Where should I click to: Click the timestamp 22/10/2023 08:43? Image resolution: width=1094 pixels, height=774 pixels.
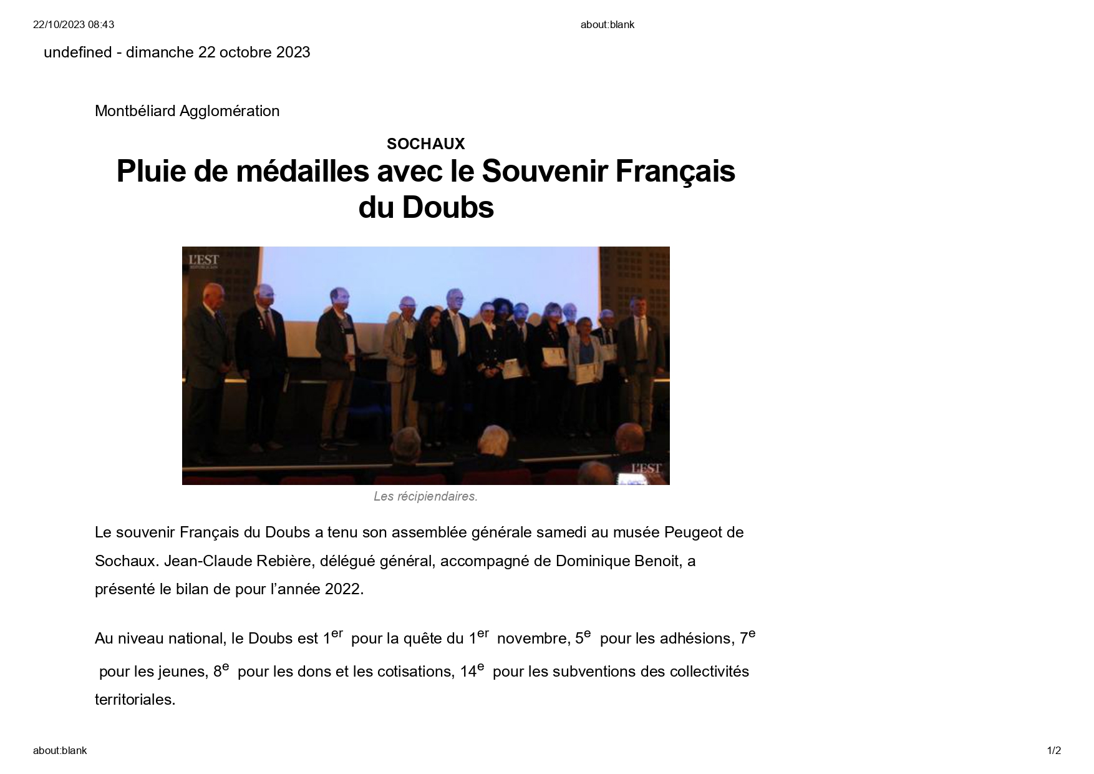click(74, 24)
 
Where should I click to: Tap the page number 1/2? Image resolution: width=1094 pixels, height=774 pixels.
click(1053, 750)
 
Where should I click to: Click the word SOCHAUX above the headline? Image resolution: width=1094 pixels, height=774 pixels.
click(425, 144)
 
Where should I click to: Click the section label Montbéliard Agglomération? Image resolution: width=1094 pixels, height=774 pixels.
click(187, 111)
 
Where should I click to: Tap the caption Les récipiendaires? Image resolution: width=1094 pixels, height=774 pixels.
click(425, 497)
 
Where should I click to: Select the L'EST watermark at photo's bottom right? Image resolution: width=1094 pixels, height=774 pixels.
click(646, 469)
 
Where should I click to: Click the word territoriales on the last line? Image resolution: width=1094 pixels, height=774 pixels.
click(135, 700)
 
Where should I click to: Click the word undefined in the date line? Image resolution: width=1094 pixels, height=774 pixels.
click(77, 52)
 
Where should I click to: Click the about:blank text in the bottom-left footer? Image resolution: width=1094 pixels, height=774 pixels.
click(60, 750)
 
